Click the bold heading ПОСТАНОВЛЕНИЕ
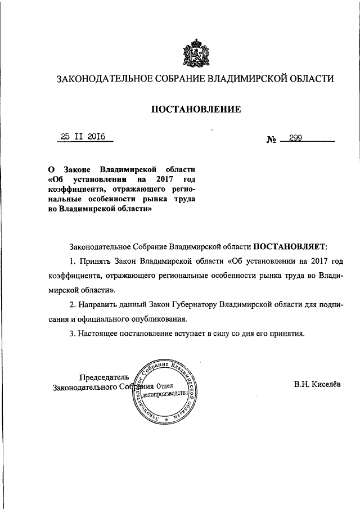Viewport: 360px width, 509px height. point(195,109)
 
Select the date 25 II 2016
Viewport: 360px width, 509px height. point(87,136)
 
